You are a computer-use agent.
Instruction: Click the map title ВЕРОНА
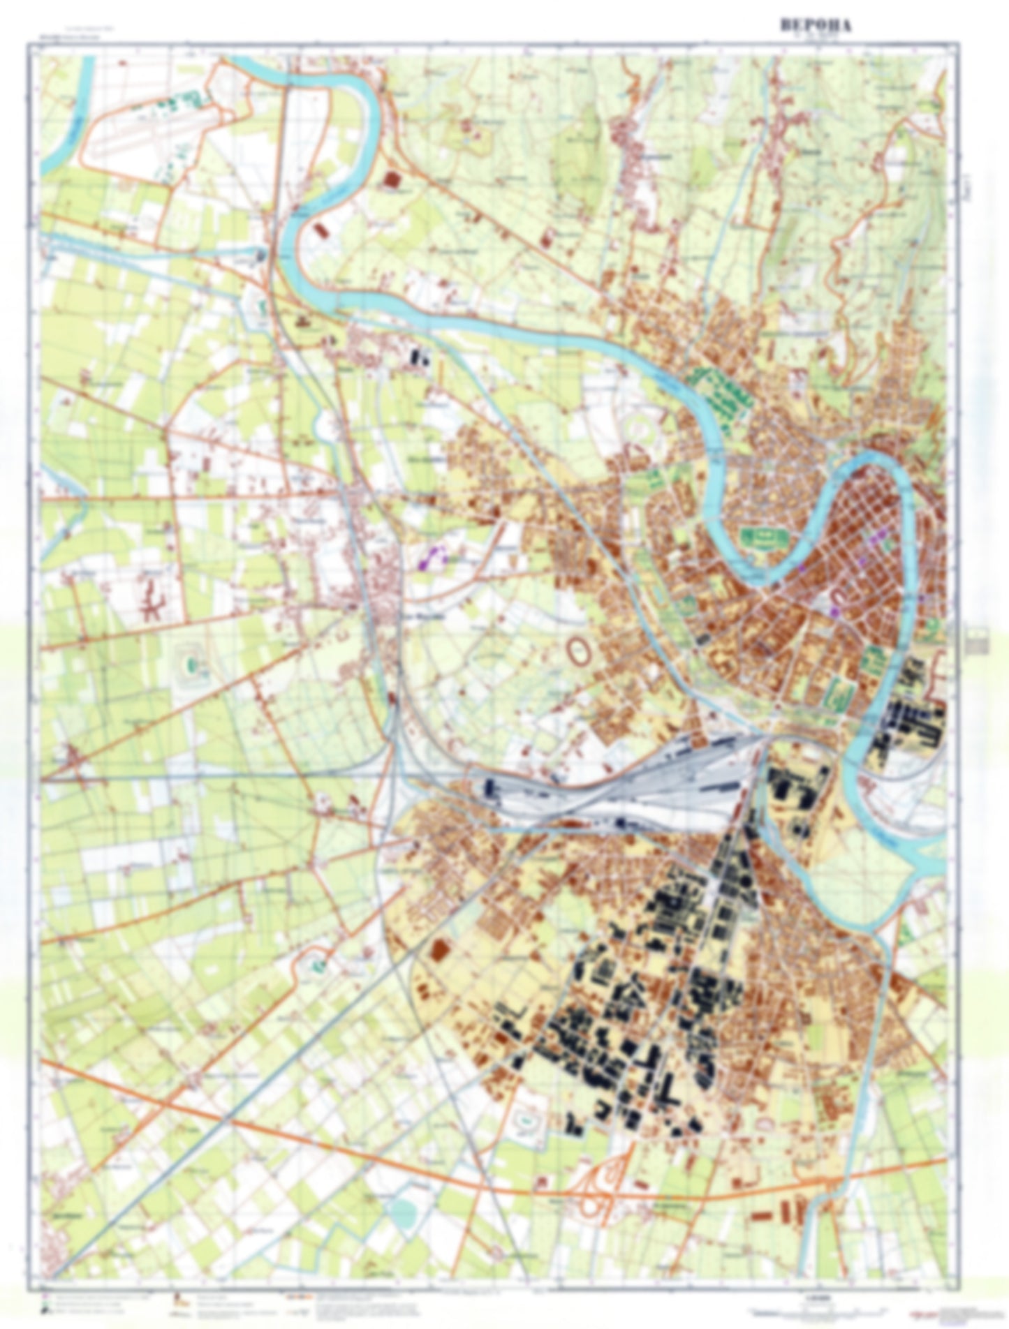pos(816,25)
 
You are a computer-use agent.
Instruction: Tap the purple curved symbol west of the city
pos(434,556)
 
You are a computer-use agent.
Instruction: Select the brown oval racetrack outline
pos(579,652)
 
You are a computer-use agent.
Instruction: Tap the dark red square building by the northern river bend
pos(393,181)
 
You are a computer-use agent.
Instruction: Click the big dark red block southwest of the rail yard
pos(441,949)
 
